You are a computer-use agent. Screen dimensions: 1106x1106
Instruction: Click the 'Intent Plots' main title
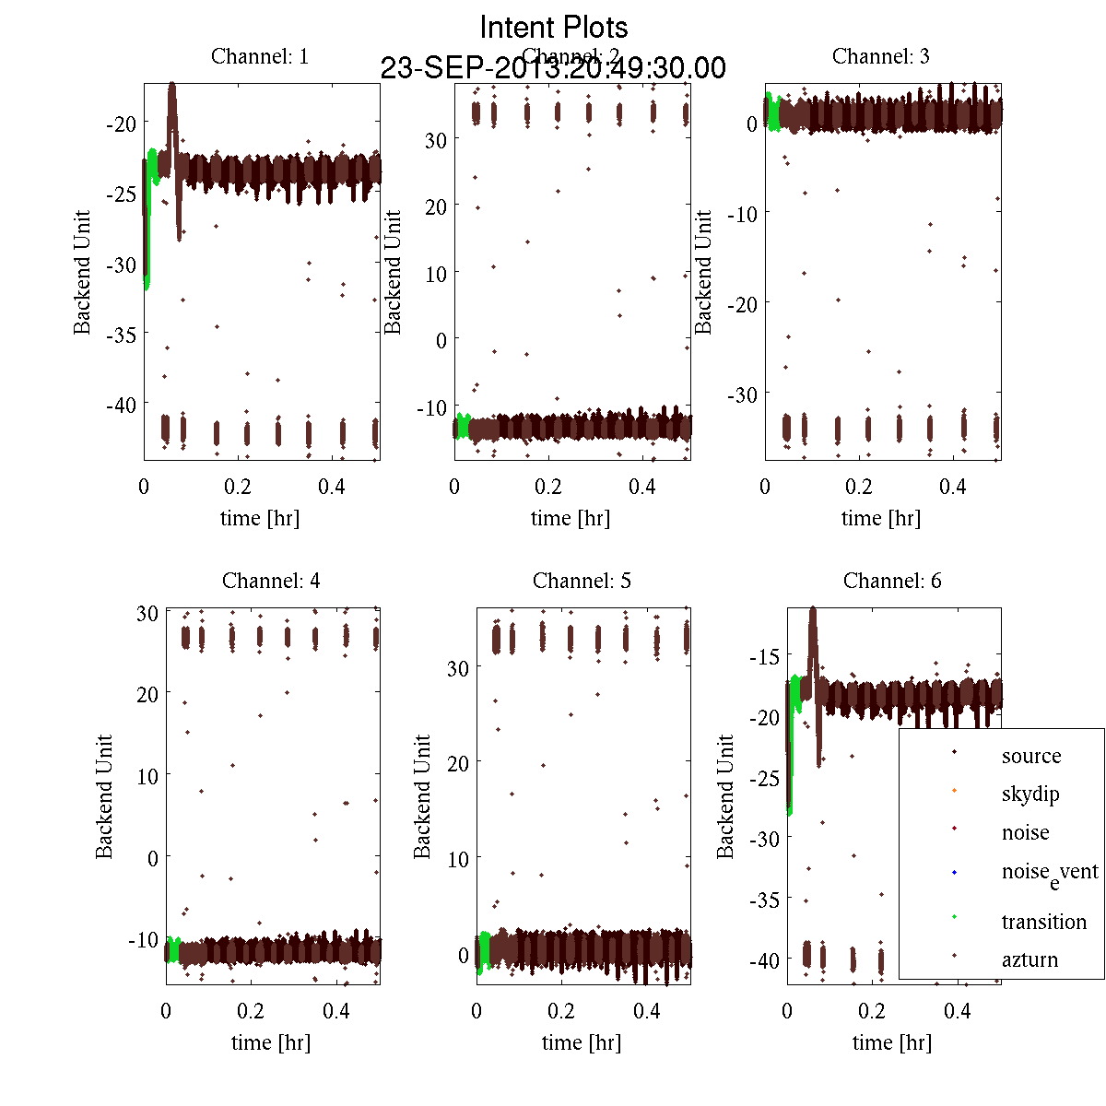point(554,27)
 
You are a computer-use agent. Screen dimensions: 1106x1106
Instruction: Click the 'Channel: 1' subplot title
point(260,56)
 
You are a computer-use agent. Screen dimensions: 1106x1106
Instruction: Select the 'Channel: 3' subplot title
point(881,56)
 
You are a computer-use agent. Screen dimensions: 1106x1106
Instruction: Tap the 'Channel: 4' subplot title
point(271,581)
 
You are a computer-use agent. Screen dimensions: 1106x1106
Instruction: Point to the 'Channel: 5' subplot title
point(582,581)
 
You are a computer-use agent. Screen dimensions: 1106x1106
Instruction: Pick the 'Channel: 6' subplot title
point(892,581)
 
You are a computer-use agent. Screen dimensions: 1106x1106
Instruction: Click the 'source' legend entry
point(1031,756)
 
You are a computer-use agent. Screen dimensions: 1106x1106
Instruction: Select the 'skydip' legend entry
point(1030,794)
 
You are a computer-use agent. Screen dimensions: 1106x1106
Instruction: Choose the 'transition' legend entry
point(1043,922)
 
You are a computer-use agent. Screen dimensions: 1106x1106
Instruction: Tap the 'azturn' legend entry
point(1030,959)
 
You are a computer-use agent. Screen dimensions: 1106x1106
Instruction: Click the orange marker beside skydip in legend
point(954,790)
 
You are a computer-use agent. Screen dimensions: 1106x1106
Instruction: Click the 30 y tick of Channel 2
point(436,140)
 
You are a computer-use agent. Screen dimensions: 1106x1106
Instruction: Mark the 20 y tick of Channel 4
point(147,694)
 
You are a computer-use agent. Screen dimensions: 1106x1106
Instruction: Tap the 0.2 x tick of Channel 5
point(561,1011)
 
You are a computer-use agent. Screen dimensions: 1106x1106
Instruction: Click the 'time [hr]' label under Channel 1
point(260,518)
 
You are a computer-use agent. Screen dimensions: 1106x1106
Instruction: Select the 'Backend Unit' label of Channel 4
point(104,796)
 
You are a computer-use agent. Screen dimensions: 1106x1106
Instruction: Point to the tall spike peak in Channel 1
point(171,86)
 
